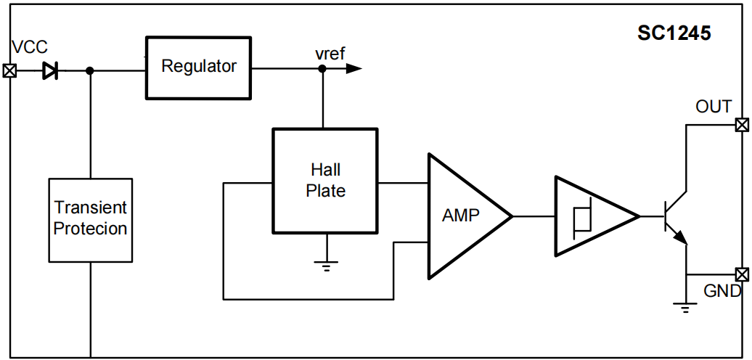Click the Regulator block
(198, 67)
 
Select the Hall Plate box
(325, 181)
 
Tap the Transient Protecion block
(91, 219)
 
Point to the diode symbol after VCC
(50, 70)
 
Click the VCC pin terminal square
(9, 70)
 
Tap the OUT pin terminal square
(742, 125)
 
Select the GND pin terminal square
(742, 274)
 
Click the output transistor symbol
(675, 216)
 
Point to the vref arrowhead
(353, 69)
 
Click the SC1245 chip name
(674, 33)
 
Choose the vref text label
(330, 54)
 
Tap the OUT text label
(713, 107)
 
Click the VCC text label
(30, 48)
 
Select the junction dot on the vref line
(322, 69)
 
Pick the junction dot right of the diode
(90, 70)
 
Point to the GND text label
(722, 292)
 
